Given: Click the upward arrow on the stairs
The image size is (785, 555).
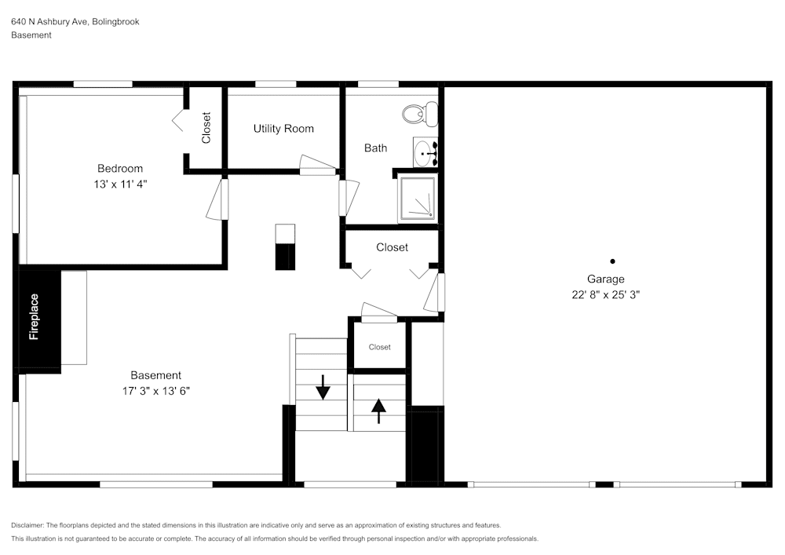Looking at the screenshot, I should click(379, 411).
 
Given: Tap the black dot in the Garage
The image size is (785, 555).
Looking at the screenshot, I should click(612, 261).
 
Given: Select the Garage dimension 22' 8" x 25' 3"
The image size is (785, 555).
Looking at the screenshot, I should click(606, 295).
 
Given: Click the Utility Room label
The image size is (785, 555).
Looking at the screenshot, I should click(283, 129).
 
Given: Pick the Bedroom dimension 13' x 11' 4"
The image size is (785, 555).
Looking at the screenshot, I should click(120, 184).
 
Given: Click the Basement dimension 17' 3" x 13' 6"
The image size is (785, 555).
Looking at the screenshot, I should click(155, 391).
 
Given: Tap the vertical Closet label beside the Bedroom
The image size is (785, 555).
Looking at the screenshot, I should click(206, 128).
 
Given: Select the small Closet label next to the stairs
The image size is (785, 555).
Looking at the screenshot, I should click(380, 347).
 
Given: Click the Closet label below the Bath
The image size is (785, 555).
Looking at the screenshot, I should click(392, 247).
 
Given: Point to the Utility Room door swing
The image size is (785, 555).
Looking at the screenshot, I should click(317, 165).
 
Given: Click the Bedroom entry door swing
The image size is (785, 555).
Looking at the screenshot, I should click(216, 200).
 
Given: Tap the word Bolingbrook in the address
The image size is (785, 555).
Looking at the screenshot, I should click(115, 22).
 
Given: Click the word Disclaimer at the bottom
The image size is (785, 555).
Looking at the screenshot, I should click(27, 525).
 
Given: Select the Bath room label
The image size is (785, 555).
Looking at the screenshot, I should click(375, 148).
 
